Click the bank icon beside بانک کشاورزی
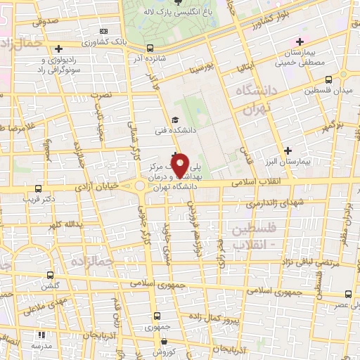click(x=104, y=31)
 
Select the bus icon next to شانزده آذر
click(x=150, y=49)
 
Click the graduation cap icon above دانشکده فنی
click(x=175, y=120)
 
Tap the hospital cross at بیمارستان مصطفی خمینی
click(x=300, y=42)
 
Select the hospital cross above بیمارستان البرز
click(x=288, y=150)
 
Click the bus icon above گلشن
click(x=49, y=276)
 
